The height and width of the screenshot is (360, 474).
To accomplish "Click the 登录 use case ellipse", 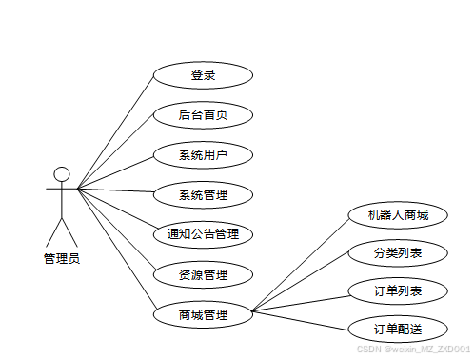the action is point(203,75).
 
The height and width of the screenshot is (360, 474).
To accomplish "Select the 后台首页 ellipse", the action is point(203,115).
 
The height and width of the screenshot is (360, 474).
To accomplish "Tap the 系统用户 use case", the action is point(203,155).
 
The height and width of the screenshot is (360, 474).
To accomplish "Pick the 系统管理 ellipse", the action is point(203,194).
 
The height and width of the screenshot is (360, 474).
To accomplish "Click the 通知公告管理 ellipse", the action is point(203,234).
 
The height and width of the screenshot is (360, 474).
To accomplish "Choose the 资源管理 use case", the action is point(203,274).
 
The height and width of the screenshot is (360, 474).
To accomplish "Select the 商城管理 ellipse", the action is point(203,314).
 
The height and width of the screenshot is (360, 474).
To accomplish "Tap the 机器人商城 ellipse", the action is point(398,215).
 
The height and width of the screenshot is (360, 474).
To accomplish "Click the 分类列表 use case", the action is point(398,253).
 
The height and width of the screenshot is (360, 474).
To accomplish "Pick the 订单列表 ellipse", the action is point(398,291).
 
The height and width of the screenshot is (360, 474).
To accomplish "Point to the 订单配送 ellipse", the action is point(398,330).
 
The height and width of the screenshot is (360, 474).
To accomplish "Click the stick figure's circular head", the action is point(62,174).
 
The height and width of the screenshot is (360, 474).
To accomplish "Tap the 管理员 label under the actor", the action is point(62,258).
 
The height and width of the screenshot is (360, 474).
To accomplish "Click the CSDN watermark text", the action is point(413,350).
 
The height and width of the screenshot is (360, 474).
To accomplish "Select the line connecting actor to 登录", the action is point(115,132).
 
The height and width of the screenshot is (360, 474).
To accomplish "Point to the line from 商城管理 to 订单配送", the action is point(301,320).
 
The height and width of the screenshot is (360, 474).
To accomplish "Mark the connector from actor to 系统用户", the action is point(115,173).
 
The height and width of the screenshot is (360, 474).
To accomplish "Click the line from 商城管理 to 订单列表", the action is point(302,304).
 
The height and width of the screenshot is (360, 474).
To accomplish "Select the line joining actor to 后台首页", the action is point(115,152).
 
